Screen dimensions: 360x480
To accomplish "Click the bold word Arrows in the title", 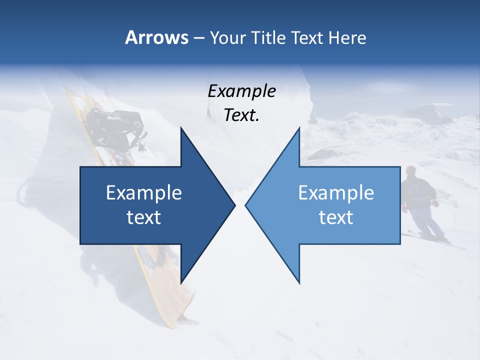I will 157,37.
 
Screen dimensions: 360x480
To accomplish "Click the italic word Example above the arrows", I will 241,91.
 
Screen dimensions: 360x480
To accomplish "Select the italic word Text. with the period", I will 241,115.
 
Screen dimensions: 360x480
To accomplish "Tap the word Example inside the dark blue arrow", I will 144,193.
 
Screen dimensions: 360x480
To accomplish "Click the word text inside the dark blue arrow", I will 144,217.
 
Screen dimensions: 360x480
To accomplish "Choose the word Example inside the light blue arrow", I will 336,193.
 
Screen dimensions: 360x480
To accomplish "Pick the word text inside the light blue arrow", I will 336,217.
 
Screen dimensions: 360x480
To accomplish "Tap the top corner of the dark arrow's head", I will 181,128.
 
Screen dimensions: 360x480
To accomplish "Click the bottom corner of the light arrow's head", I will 299,282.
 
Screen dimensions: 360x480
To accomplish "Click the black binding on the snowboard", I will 115,125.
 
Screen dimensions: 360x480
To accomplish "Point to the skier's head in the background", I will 411,171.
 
